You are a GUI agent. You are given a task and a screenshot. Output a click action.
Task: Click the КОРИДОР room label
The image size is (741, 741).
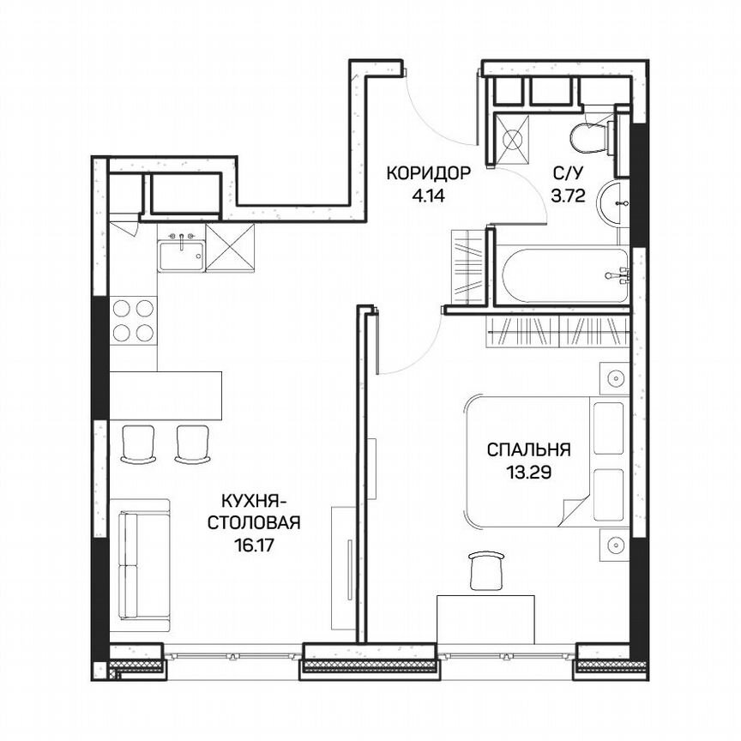coord(429,173)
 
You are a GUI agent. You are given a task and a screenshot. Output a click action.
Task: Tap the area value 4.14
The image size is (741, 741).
coord(429,195)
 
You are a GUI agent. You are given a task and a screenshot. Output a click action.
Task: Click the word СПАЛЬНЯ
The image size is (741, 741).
coord(528,449)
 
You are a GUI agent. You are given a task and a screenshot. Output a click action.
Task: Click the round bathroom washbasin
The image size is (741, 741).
coord(616,204)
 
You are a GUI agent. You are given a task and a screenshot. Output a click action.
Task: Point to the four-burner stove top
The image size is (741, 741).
coord(134,321)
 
